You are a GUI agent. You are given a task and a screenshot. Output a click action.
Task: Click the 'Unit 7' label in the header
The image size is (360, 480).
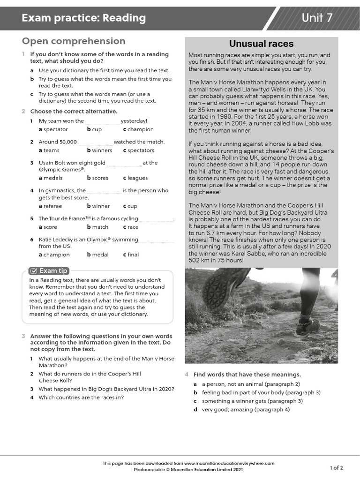(x=317, y=18)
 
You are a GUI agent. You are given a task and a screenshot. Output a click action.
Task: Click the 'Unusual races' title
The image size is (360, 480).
(x=261, y=44)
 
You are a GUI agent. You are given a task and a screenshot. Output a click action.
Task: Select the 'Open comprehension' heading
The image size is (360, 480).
(x=74, y=41)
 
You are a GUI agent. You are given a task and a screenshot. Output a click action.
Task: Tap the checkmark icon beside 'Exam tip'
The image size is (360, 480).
(x=33, y=270)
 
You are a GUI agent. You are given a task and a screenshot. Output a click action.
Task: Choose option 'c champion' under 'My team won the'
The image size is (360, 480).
(x=138, y=129)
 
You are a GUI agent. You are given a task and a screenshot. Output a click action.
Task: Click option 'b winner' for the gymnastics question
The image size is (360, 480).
(x=98, y=206)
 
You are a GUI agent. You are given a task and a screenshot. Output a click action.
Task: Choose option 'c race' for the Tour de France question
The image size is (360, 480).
(x=131, y=227)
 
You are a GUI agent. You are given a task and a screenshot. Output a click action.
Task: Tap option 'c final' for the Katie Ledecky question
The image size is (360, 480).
(x=131, y=255)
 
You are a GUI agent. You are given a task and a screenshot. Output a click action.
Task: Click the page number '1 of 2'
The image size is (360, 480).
(x=336, y=468)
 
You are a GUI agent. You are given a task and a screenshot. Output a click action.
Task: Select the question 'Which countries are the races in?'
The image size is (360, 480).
(x=81, y=398)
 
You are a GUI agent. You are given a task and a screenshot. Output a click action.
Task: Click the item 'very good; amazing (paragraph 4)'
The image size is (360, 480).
(x=246, y=409)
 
